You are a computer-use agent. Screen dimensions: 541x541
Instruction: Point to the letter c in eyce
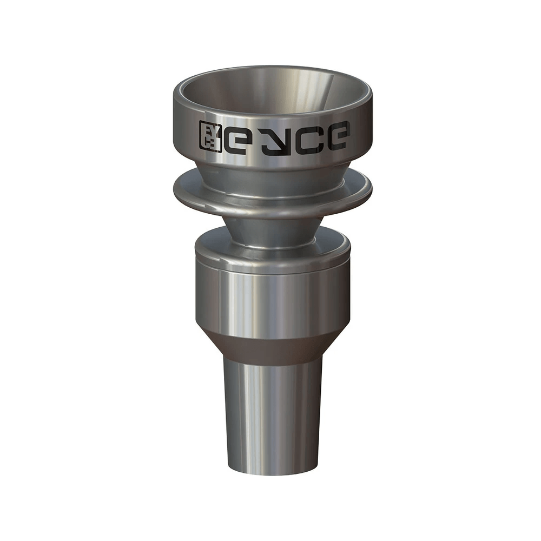pyautogui.click(x=302, y=136)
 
